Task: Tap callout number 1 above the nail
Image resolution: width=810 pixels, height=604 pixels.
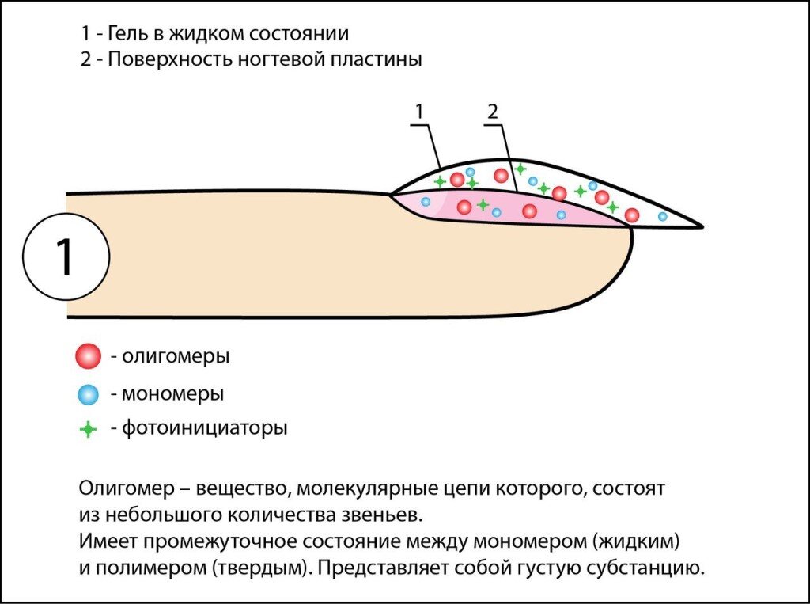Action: (420, 112)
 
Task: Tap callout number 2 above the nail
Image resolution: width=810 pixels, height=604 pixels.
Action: (493, 112)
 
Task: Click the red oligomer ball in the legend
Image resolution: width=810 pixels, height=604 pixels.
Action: (88, 357)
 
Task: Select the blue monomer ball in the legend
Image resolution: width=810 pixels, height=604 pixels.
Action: (89, 393)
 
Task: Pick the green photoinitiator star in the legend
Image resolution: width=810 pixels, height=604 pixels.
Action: (89, 430)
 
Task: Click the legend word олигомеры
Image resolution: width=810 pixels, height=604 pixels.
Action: (176, 357)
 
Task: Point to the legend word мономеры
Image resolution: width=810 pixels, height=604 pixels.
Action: (172, 393)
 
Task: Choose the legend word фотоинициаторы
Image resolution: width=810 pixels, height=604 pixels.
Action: (204, 430)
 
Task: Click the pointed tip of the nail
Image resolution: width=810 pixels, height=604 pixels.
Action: (699, 226)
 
